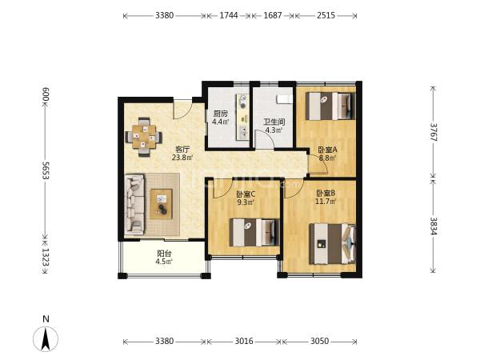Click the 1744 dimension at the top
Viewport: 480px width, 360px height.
coord(229,15)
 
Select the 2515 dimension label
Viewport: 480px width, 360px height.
coord(326,15)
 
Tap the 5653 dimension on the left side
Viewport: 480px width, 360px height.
coord(46,170)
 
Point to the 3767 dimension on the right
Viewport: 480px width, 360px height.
coord(434,132)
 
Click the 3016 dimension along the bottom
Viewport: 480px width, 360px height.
coord(244,341)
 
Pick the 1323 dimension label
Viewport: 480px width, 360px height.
coord(46,257)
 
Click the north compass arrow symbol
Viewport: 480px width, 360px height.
coord(46,338)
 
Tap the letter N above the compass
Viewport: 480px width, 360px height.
coord(46,319)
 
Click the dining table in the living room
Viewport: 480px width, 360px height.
coord(144,137)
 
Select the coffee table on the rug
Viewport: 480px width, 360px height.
coord(161,204)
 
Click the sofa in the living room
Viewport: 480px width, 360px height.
coord(134,205)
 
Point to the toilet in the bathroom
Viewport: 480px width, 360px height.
coord(283,99)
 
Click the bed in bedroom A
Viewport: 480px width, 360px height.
coord(330,106)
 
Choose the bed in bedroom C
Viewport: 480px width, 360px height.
coord(254,232)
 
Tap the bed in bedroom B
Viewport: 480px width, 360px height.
coord(333,244)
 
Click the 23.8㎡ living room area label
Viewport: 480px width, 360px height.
coord(182,158)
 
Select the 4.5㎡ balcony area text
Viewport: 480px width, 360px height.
coord(164,262)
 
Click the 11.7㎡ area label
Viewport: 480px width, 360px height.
coord(326,201)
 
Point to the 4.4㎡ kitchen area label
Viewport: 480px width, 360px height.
coord(221,122)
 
